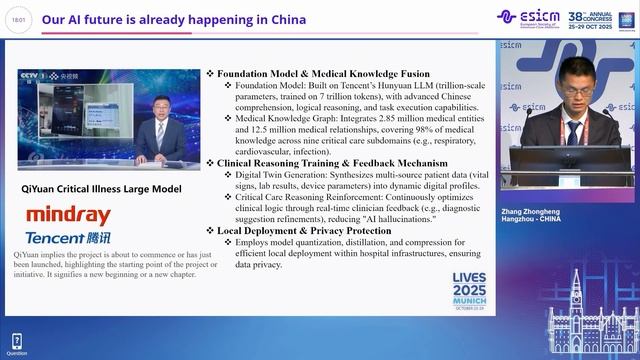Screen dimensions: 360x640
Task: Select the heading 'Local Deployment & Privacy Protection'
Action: point(309,230)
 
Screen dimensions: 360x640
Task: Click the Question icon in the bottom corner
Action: point(16,341)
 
